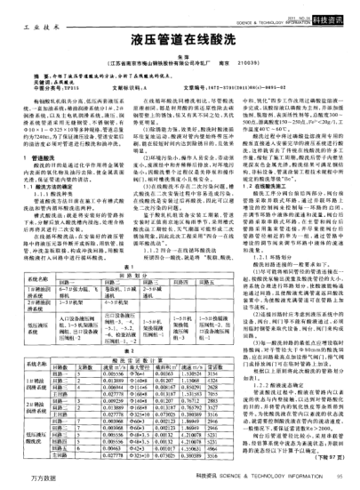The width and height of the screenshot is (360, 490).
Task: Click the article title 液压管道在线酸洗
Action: [180, 38]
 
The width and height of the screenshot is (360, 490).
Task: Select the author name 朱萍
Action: [180, 56]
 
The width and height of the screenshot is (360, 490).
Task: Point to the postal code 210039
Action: [245, 64]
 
